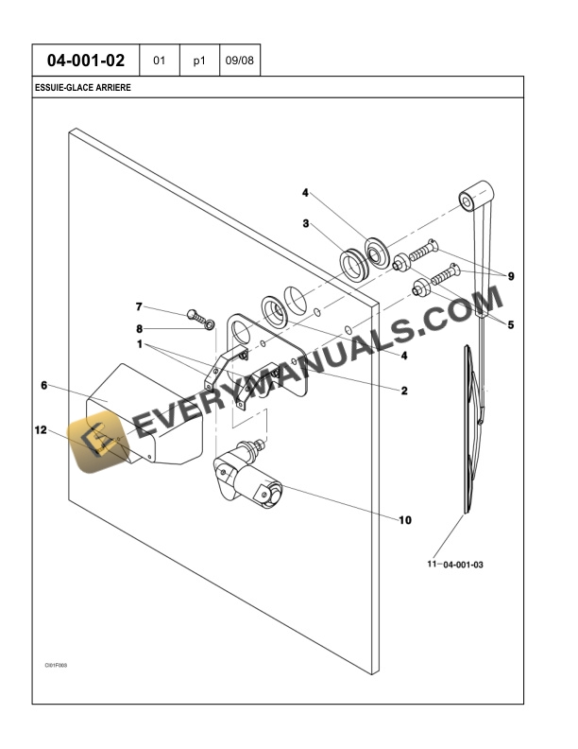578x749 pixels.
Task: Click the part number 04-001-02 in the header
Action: (86, 61)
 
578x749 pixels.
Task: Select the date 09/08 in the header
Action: (239, 61)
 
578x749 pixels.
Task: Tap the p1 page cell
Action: (199, 61)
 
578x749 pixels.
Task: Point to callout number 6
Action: (43, 385)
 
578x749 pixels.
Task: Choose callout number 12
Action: (41, 430)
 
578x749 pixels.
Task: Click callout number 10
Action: (406, 519)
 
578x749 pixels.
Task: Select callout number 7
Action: (139, 306)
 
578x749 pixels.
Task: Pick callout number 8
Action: (139, 328)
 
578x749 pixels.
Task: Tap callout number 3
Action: (305, 223)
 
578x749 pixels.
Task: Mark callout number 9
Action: (510, 276)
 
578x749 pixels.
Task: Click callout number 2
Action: (403, 390)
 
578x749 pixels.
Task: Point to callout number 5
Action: (510, 324)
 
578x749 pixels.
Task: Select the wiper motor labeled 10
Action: (248, 475)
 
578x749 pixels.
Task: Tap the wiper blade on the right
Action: (469, 426)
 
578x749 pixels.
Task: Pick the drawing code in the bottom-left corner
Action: (56, 665)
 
